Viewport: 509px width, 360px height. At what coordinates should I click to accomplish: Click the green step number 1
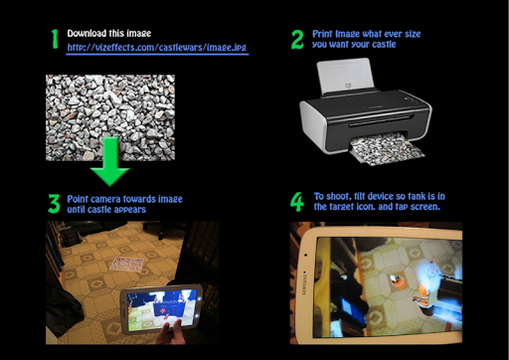[x=55, y=39]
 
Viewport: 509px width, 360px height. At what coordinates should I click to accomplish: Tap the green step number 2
[x=297, y=40]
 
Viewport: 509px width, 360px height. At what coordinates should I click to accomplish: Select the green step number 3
[x=54, y=204]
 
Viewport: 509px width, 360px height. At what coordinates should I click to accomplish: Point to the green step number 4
[x=297, y=202]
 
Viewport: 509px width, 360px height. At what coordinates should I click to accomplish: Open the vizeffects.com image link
[x=157, y=48]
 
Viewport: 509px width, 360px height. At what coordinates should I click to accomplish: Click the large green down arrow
[x=110, y=161]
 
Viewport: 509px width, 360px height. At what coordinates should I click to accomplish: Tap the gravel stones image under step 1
[x=110, y=117]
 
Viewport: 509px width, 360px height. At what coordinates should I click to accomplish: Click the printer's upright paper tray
[x=345, y=76]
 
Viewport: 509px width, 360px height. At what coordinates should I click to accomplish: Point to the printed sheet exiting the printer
[x=387, y=148]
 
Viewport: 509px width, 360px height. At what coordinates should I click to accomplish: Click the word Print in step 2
[x=322, y=34]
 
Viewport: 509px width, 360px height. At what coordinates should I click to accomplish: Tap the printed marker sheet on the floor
[x=126, y=265]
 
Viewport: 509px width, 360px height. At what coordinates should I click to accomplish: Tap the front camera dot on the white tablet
[x=305, y=255]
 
